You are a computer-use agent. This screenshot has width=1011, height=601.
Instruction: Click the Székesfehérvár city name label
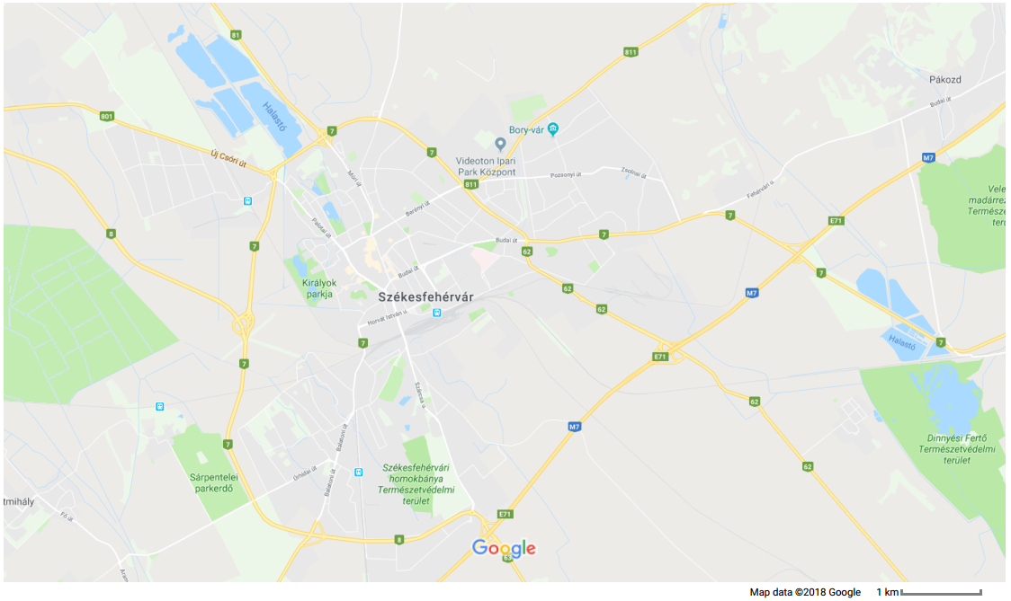point(425,296)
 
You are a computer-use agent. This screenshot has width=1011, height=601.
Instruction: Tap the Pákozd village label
point(945,80)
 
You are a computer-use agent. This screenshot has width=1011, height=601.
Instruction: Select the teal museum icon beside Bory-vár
point(553,129)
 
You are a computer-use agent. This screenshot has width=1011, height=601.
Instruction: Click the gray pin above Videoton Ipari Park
point(501,144)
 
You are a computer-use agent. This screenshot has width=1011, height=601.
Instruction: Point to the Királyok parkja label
point(319,288)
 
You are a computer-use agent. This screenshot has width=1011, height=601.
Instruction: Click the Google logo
point(504,548)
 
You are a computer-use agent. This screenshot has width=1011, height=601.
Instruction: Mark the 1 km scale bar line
point(940,592)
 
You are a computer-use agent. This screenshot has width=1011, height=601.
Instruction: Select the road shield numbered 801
point(108,116)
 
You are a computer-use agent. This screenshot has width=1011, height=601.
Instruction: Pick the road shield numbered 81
point(237,35)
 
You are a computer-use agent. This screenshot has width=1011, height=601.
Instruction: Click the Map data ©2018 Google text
point(805,592)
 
